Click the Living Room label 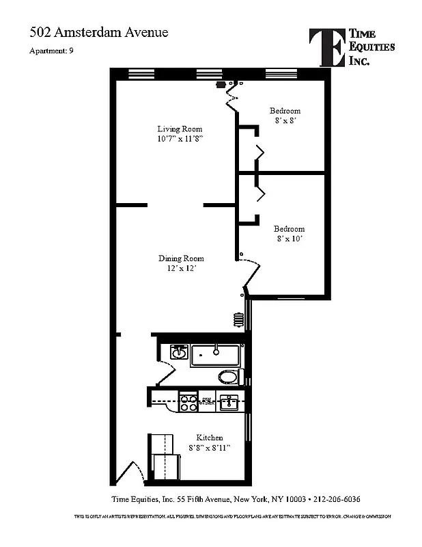pos(180,129)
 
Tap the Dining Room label pos(181,258)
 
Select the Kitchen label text pos(209,438)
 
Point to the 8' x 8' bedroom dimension pos(284,120)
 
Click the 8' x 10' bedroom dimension pos(289,239)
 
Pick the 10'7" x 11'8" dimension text pos(180,138)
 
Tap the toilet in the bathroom pos(228,377)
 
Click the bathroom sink pos(179,353)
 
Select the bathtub pos(215,355)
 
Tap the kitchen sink pos(231,403)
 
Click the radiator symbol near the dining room pos(238,319)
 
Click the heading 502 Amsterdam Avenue pos(98,32)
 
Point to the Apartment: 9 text pos(51,52)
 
